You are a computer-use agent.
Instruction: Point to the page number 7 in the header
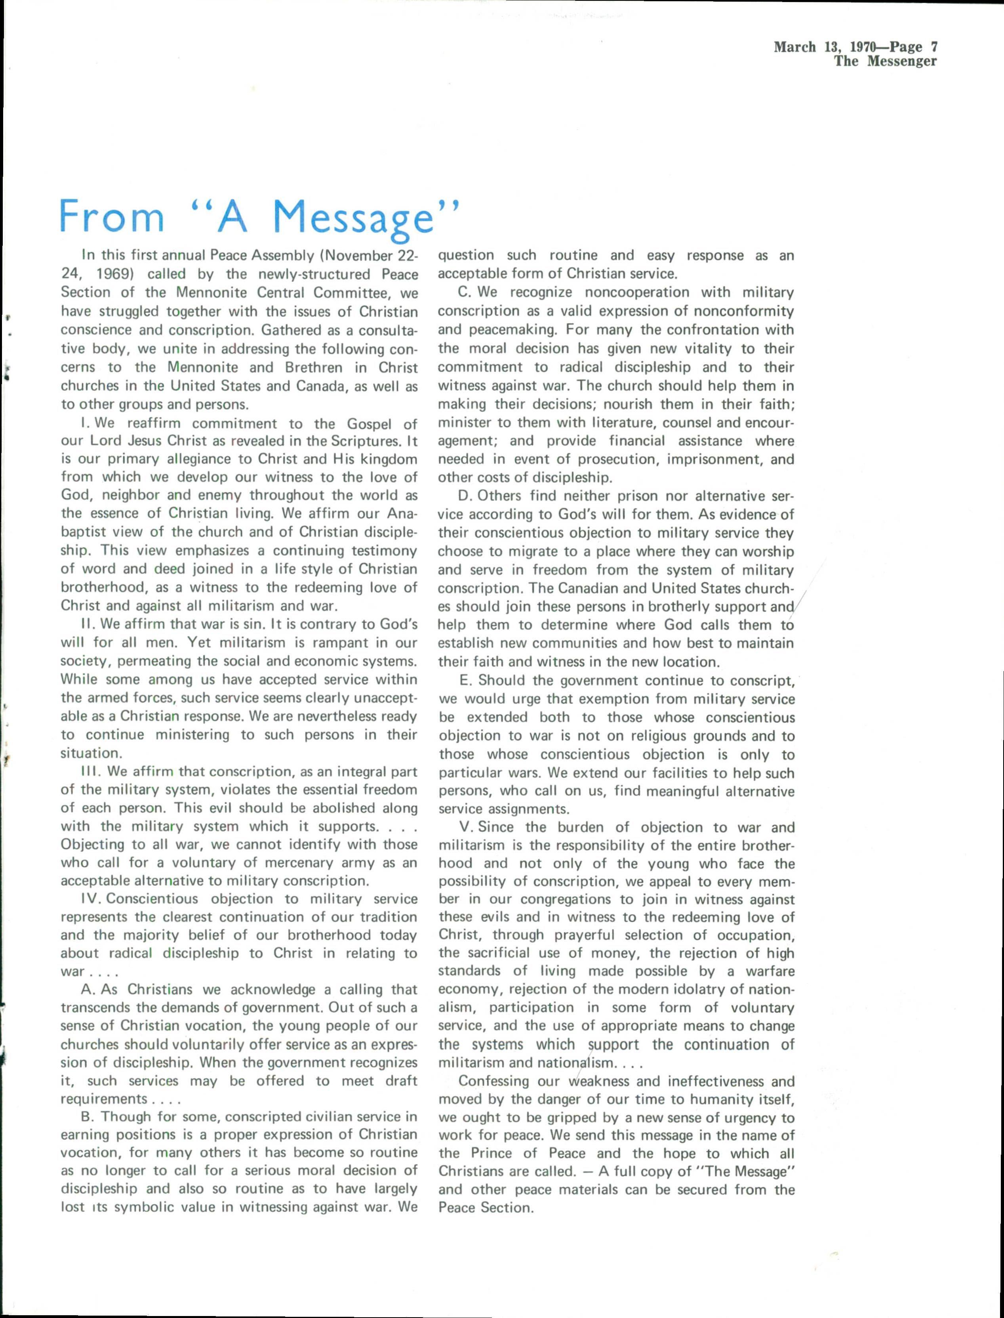tap(934, 47)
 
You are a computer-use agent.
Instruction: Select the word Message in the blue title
tap(352, 219)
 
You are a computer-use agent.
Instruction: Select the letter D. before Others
tap(465, 496)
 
